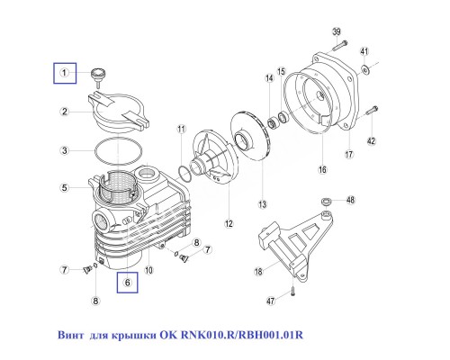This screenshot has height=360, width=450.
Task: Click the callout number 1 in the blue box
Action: coord(65,71)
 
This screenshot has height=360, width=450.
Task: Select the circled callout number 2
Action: coord(65,112)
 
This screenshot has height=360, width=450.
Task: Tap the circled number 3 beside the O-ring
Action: coord(65,149)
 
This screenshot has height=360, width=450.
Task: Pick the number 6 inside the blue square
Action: coord(128,283)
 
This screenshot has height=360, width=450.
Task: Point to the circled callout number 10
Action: coord(149,269)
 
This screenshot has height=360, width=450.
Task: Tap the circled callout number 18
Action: coord(258,271)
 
